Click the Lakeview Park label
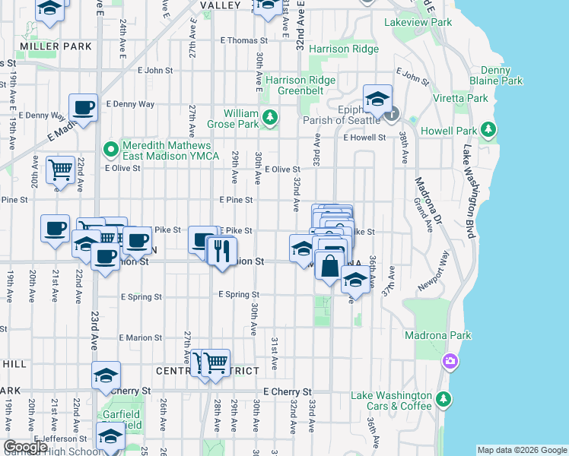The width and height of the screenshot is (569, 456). click(x=418, y=23)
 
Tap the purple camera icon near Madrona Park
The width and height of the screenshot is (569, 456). click(x=450, y=360)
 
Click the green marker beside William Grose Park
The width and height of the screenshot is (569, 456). click(x=270, y=116)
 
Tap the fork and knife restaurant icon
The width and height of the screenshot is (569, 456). click(x=221, y=252)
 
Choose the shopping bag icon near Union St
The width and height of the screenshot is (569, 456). click(x=330, y=267)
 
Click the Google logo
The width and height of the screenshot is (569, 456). click(x=26, y=447)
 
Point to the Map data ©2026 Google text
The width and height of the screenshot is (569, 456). click(x=521, y=450)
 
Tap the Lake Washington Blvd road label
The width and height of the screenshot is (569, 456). click(x=466, y=190)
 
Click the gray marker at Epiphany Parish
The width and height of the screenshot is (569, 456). click(x=392, y=115)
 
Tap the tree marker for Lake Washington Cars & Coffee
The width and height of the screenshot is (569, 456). click(x=443, y=399)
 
